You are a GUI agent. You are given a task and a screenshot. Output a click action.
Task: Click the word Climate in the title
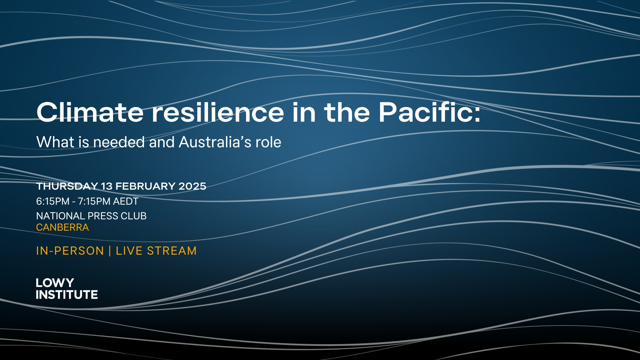(x=90, y=112)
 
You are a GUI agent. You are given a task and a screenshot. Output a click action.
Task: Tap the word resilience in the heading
(x=218, y=112)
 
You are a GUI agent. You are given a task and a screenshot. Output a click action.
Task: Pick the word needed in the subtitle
(x=119, y=142)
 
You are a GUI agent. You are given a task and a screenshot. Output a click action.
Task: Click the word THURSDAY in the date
(x=67, y=186)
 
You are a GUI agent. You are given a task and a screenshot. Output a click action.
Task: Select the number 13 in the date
(x=107, y=186)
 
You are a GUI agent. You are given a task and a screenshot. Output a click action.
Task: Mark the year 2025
(x=192, y=186)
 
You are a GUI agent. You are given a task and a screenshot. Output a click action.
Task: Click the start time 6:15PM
(x=53, y=201)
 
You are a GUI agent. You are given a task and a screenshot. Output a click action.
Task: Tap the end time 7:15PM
(x=94, y=201)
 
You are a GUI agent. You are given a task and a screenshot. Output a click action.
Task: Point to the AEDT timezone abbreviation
(x=126, y=201)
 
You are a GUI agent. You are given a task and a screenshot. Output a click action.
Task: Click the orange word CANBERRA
(x=62, y=227)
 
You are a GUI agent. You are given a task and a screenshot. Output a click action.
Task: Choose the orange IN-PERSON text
(x=70, y=251)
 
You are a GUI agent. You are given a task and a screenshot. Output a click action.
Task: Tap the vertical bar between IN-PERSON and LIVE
(x=110, y=251)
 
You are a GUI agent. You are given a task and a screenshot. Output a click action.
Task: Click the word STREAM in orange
(x=172, y=251)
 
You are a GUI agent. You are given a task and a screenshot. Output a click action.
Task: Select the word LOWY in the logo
(x=55, y=283)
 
